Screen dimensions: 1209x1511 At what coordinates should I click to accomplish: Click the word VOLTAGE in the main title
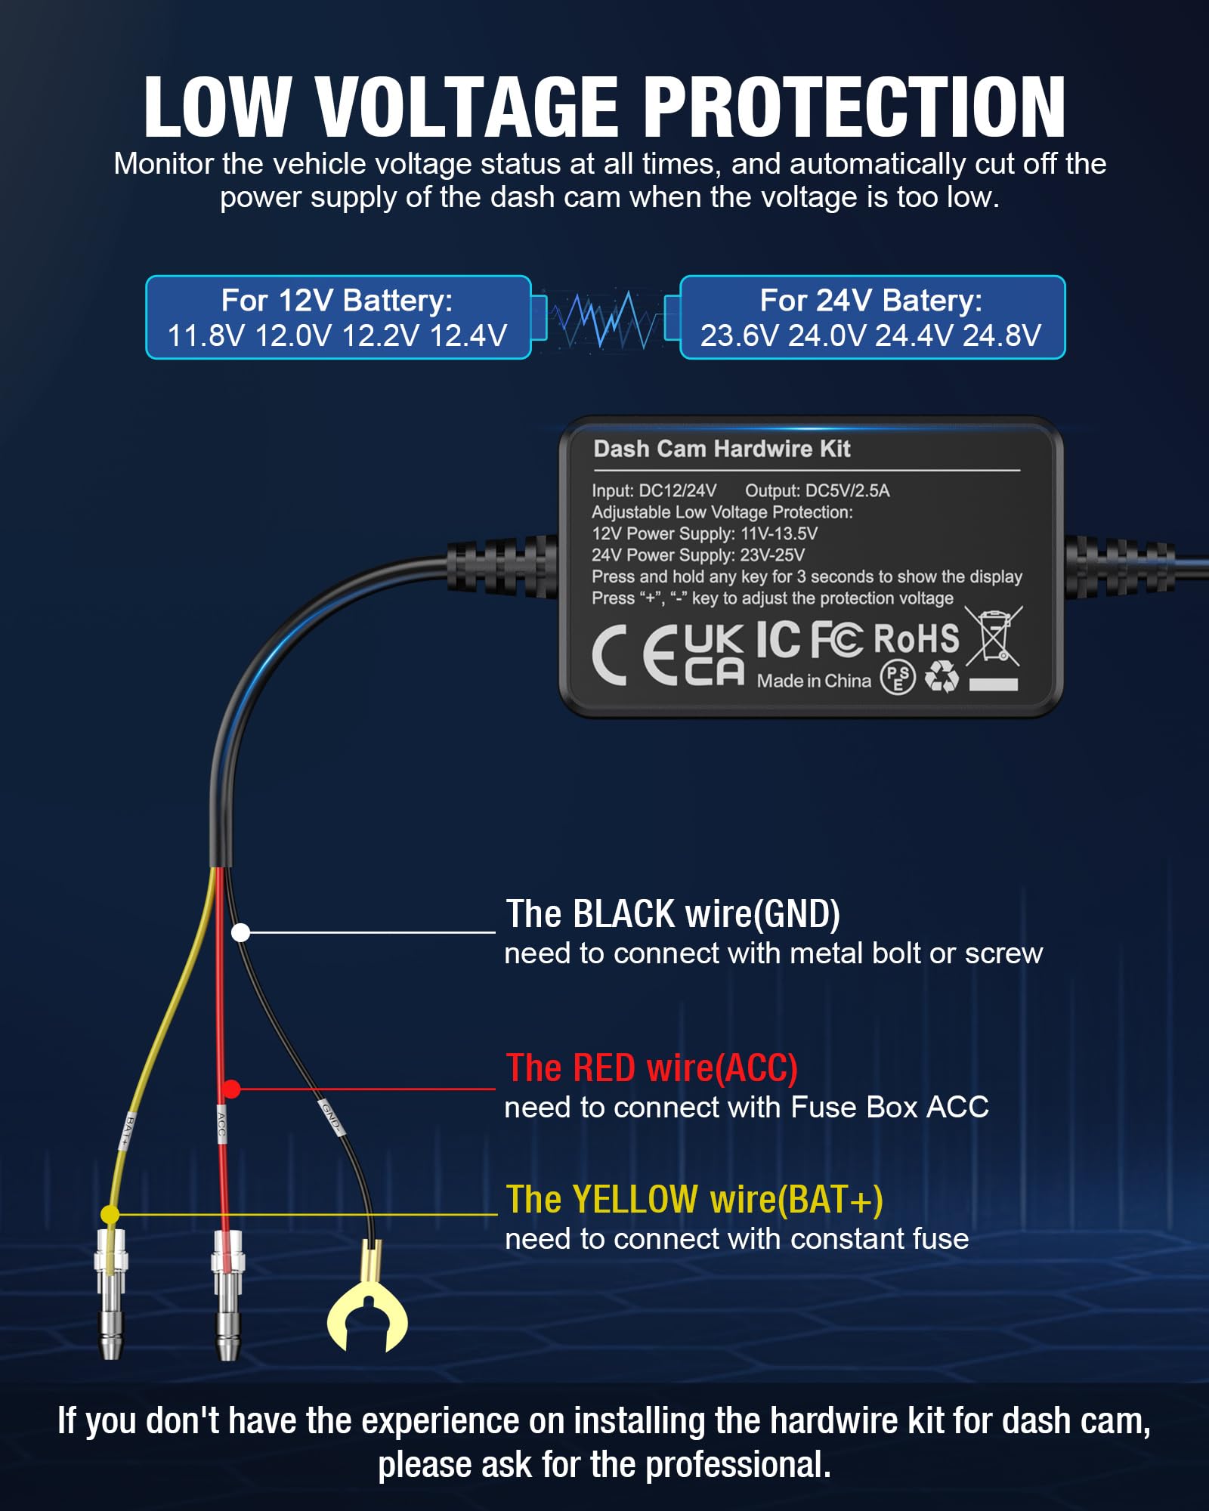(x=467, y=107)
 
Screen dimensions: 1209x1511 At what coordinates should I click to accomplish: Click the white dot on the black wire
(x=240, y=933)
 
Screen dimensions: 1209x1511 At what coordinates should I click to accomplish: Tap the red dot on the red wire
(x=232, y=1089)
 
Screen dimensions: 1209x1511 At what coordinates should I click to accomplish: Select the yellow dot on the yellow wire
(x=110, y=1214)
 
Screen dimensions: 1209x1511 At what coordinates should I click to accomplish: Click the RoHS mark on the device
(x=916, y=639)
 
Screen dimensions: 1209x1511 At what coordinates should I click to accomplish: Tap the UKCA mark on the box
(x=714, y=655)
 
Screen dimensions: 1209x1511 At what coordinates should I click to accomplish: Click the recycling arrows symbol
(x=942, y=677)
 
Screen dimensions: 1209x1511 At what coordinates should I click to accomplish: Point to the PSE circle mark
(x=898, y=677)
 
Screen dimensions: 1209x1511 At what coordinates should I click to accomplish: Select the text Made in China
(x=814, y=681)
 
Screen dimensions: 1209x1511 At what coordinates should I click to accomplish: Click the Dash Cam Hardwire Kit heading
(x=722, y=449)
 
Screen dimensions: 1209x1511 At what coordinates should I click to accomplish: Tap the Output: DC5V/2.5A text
(x=817, y=491)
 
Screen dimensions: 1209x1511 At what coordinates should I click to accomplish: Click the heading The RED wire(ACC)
(x=651, y=1068)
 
